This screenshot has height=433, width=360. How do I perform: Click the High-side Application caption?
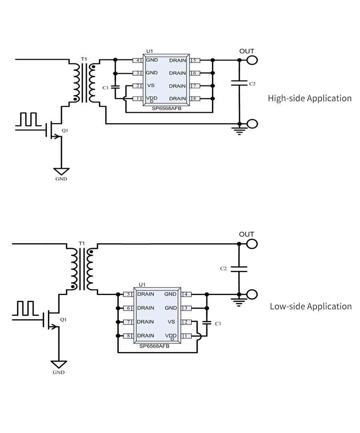[x=310, y=98]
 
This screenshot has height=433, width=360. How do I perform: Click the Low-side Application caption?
[x=311, y=306]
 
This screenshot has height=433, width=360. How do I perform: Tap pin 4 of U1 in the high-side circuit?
[x=138, y=60]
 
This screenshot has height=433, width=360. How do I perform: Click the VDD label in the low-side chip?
[x=170, y=335]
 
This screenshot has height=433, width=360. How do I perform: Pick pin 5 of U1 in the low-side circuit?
[x=128, y=294]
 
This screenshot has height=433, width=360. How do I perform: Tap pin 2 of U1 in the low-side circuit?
[x=187, y=322]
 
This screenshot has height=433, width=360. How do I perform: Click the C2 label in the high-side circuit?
[x=252, y=84]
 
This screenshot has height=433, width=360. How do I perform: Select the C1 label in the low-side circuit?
[x=218, y=323]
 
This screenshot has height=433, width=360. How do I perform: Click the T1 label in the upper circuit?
[x=84, y=59]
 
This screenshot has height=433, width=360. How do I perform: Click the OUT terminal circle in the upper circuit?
[x=252, y=60]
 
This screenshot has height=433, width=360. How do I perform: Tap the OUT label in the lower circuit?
[x=246, y=234]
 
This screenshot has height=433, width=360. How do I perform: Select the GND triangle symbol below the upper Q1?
[x=62, y=171]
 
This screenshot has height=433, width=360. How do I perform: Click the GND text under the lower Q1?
[x=58, y=373]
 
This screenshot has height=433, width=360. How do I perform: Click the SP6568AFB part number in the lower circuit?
[x=154, y=346]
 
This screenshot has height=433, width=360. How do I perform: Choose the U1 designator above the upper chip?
[x=150, y=51]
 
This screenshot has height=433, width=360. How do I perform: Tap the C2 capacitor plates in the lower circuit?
[x=239, y=269]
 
